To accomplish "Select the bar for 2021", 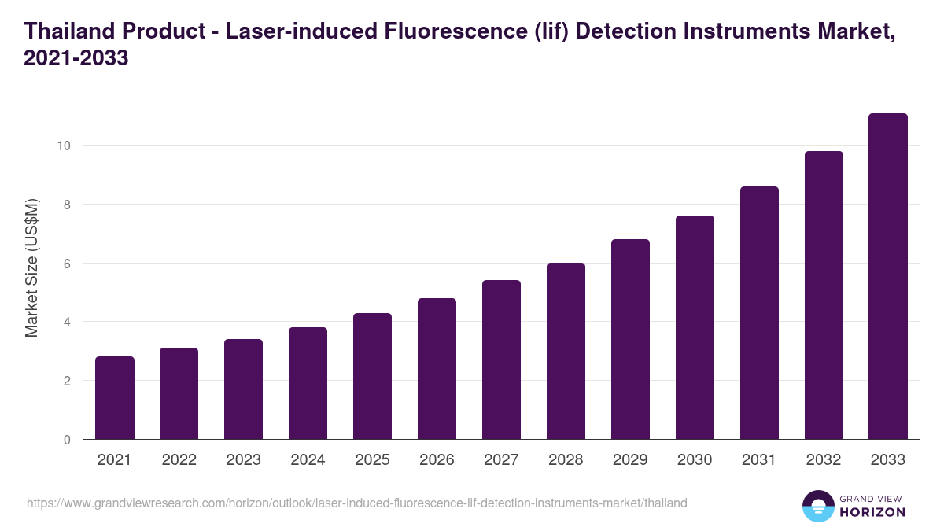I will [115, 398].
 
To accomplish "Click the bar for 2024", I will [308, 383].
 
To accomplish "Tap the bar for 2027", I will [501, 360].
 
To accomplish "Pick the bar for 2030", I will [695, 327].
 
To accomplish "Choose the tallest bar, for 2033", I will [888, 276].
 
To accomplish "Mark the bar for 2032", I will [824, 295].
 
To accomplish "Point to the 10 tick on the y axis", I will [64, 146].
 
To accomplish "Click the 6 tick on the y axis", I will [68, 264].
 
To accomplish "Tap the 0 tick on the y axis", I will [68, 440].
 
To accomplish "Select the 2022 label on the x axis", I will [179, 460].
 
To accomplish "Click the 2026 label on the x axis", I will [437, 460].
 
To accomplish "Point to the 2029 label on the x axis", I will [630, 460].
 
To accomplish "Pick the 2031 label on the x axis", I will [759, 460].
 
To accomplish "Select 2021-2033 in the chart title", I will [76, 58].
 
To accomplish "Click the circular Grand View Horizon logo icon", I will [817, 506].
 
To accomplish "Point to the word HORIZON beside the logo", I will [872, 512].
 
